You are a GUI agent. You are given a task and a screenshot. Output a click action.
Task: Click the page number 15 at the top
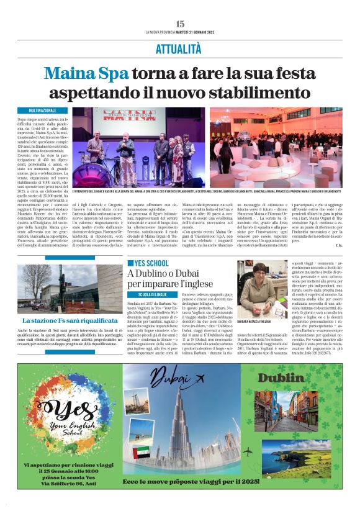point(180,23)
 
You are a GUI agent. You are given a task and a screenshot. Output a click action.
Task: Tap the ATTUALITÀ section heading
point(180,50)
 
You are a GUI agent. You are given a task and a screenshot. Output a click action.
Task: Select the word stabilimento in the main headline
point(259,93)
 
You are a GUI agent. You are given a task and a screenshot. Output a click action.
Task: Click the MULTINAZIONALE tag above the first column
point(38,110)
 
